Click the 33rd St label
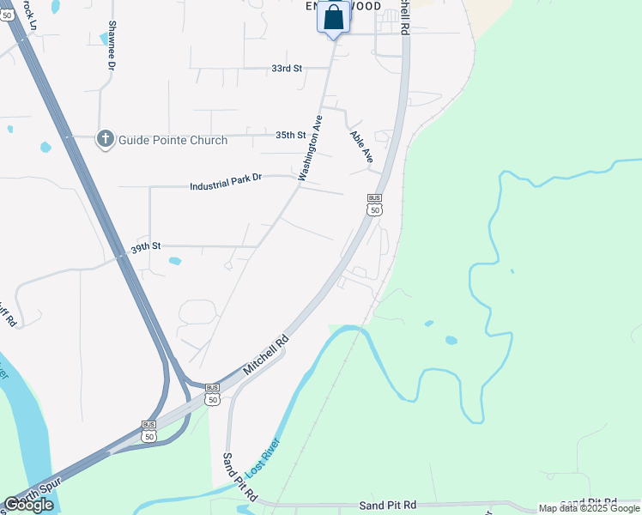click(x=287, y=68)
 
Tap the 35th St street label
click(x=291, y=135)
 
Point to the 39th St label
click(x=145, y=247)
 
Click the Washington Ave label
click(x=310, y=148)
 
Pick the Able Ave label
click(x=361, y=147)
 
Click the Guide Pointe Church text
click(x=173, y=140)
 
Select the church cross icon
click(x=106, y=139)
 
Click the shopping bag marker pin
click(x=333, y=18)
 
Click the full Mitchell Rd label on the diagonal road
click(x=266, y=353)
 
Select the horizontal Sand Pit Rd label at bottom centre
click(x=387, y=505)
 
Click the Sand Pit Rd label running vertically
click(x=240, y=478)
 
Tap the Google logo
click(x=28, y=504)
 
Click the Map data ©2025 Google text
click(x=589, y=508)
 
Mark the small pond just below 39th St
click(x=175, y=261)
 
